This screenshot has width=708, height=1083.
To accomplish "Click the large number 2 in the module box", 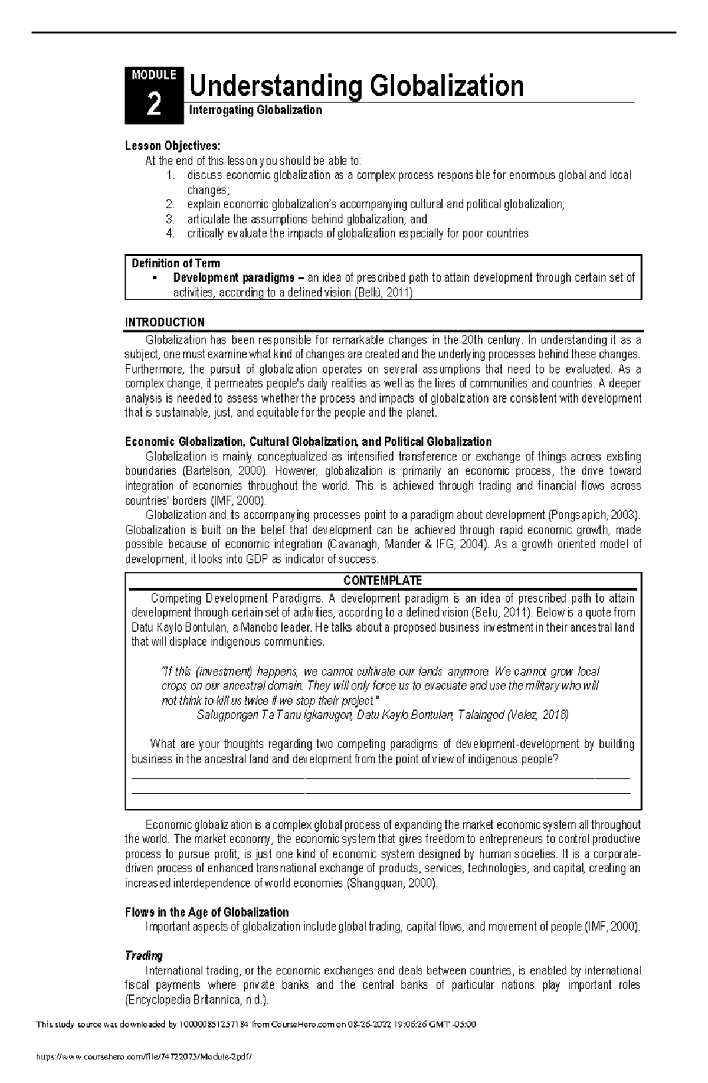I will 153,106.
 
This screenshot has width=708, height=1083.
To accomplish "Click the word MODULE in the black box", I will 154,75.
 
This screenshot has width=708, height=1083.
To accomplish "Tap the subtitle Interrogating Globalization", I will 255,110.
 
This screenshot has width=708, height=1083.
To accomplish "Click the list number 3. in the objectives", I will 171,219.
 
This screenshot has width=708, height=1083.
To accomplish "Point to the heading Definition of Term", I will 176,263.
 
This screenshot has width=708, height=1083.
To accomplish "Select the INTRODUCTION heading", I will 165,322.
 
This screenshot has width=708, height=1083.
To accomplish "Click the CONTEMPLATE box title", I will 382,580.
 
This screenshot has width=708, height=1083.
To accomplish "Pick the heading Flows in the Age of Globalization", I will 206,912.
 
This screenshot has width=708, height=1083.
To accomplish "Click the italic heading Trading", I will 143,955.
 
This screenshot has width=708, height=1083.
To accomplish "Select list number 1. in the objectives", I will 171,175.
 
